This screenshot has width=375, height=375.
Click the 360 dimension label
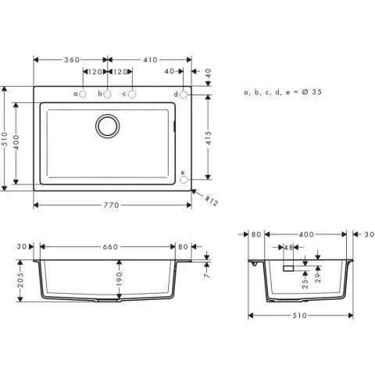[71, 60]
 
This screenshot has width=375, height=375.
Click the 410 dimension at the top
[150, 60]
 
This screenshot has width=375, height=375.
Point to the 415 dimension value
[209, 137]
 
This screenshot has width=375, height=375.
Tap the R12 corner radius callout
[210, 201]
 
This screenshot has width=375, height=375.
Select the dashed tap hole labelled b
[108, 95]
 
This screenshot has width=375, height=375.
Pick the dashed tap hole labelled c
[131, 95]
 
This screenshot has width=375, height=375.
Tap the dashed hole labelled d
[184, 95]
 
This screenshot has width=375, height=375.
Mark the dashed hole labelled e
[184, 178]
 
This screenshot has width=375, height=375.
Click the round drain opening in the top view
[107, 124]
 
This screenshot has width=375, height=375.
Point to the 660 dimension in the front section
[110, 248]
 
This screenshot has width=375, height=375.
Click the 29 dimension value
[317, 280]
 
